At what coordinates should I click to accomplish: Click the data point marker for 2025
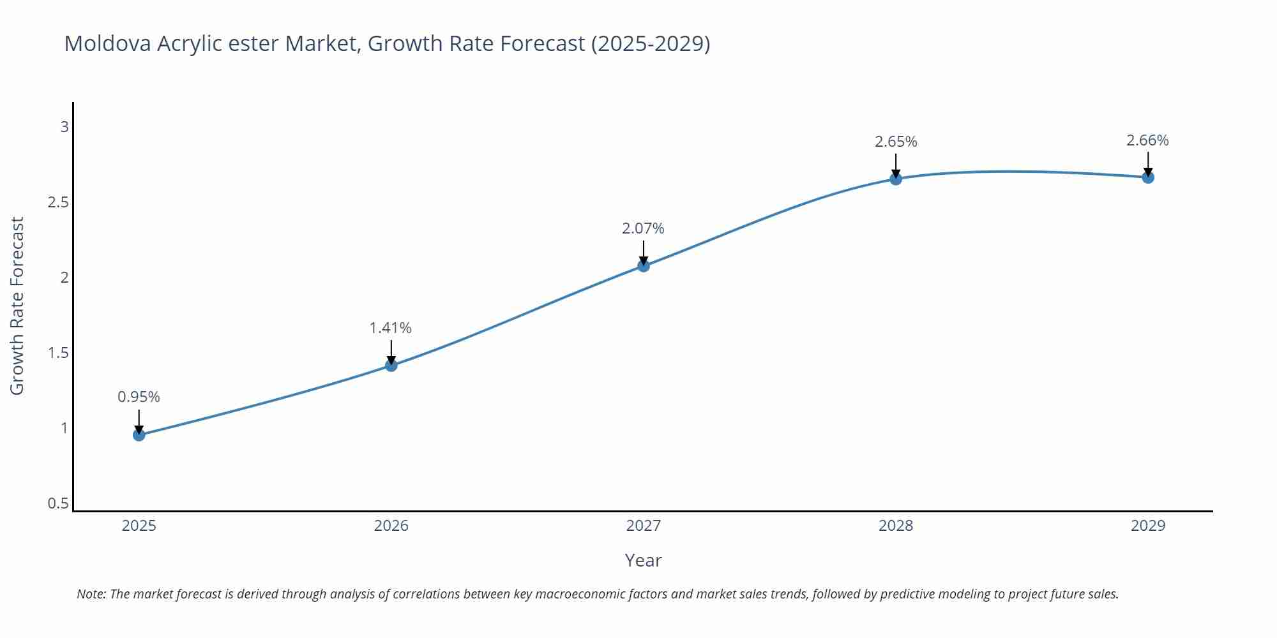[139, 435]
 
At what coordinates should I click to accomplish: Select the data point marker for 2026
[391, 366]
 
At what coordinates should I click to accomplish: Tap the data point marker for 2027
[644, 265]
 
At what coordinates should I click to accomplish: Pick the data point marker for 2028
[896, 179]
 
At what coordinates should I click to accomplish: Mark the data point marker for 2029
[1148, 177]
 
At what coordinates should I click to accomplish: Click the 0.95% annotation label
[139, 397]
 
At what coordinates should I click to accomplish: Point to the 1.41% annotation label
[391, 328]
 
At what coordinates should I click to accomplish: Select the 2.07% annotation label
[643, 228]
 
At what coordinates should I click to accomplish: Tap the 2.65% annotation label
[896, 142]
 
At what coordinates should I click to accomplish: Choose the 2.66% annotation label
[1147, 140]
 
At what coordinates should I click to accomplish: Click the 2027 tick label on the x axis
[644, 526]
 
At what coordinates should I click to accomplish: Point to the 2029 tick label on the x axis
[1148, 526]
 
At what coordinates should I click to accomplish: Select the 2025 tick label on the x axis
[139, 526]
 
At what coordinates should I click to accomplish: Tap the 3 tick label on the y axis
[64, 127]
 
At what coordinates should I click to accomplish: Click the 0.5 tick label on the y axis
[58, 503]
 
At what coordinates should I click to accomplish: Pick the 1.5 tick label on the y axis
[58, 353]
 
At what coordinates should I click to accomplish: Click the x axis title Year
[643, 560]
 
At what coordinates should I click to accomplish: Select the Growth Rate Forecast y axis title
[17, 306]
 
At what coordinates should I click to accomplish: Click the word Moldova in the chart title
[108, 43]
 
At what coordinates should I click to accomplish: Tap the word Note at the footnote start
[91, 594]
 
